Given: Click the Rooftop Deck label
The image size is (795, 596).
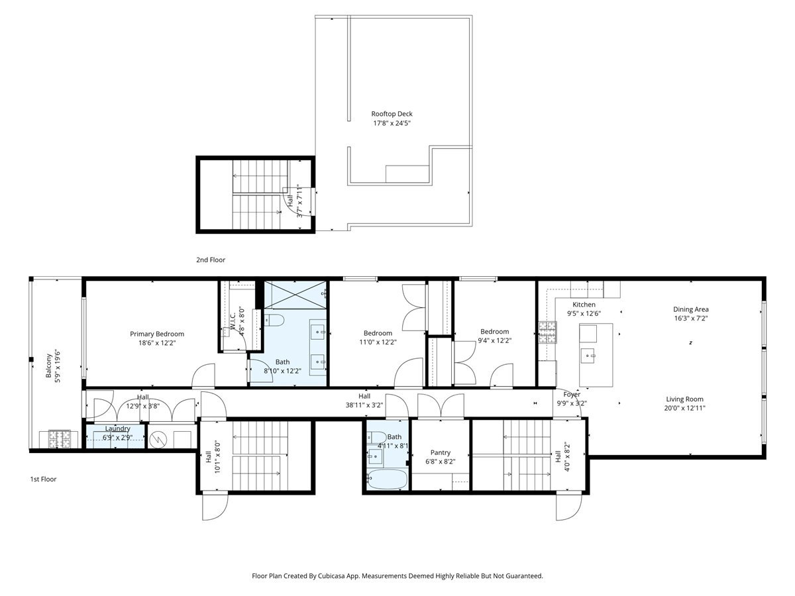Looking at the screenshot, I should [392, 114].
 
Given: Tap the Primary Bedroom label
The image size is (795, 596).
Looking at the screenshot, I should [157, 334].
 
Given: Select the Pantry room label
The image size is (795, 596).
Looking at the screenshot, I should [441, 453].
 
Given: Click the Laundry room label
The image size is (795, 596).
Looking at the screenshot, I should [117, 428].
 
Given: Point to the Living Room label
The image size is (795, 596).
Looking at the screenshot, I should [685, 399].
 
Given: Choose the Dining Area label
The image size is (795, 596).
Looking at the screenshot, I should [691, 309].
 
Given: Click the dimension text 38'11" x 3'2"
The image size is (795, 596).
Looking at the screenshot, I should [364, 405].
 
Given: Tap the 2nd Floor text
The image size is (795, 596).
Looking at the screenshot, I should [210, 260].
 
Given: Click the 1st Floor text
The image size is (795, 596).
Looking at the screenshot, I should [43, 479].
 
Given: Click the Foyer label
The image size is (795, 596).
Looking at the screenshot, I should [572, 395].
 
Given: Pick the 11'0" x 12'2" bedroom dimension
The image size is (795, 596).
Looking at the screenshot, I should [378, 342].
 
